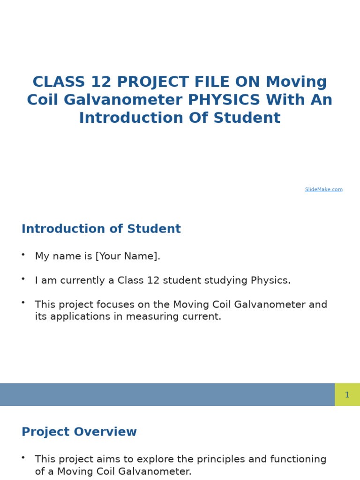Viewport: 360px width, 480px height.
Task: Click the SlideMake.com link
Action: (x=323, y=189)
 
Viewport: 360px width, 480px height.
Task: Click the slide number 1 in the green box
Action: (x=347, y=395)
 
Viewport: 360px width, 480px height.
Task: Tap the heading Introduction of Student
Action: (x=101, y=229)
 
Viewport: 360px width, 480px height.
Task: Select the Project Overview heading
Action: (x=79, y=432)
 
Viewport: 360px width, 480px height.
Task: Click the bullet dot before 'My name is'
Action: (x=23, y=254)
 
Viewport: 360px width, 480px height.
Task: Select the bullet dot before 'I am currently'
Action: (x=23, y=278)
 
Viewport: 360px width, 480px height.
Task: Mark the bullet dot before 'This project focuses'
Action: (x=23, y=302)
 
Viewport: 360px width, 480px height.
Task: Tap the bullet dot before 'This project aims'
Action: (x=23, y=457)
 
